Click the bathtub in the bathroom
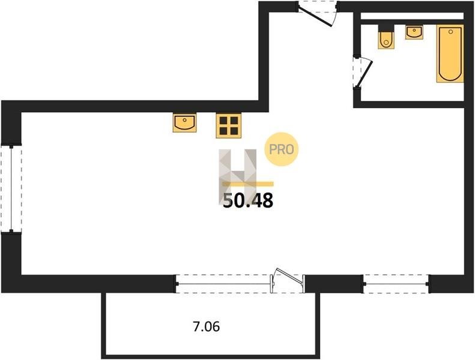[450, 53]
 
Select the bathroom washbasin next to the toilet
[414, 32]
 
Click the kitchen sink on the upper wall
[184, 122]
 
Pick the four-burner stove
[228, 125]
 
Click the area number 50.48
[248, 200]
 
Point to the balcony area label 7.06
[207, 326]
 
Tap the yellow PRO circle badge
[282, 149]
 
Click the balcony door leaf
[290, 275]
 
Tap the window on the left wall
[11, 189]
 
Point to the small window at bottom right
[396, 284]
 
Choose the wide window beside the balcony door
[223, 284]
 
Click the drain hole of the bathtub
[450, 31]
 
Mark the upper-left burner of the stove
[223, 121]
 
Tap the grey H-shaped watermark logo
[238, 177]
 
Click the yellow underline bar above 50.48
[248, 184]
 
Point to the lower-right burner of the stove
[234, 131]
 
